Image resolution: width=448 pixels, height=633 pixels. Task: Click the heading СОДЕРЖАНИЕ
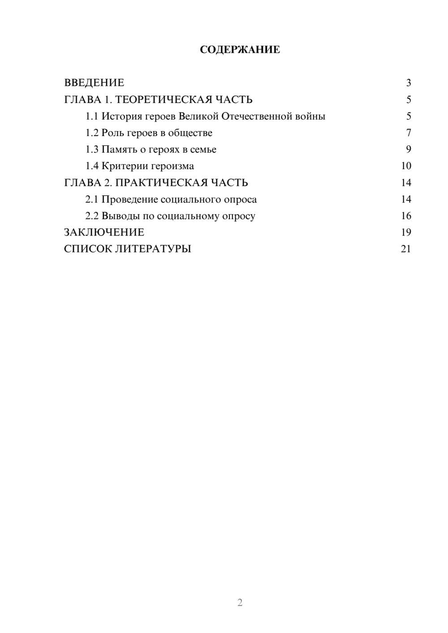[x=240, y=50]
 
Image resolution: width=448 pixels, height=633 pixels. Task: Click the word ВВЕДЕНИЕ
[x=94, y=83]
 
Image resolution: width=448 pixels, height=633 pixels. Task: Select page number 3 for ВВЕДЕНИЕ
[x=408, y=83]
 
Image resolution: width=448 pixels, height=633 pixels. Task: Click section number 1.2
[x=91, y=133]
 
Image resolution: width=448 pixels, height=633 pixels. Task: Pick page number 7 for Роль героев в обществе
[x=408, y=133]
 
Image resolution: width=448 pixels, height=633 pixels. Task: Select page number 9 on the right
[x=408, y=150]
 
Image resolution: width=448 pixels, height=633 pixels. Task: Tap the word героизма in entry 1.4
[x=172, y=166]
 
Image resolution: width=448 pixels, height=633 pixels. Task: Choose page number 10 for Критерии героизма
[x=406, y=166]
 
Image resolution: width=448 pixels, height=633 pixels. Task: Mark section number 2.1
[x=91, y=199]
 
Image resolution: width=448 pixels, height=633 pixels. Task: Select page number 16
[x=406, y=216]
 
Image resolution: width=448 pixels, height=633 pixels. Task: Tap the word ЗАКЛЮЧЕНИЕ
[x=104, y=232]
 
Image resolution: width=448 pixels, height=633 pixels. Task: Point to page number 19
[x=406, y=232]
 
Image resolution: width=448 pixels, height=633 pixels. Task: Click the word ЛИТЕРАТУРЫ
[x=153, y=249]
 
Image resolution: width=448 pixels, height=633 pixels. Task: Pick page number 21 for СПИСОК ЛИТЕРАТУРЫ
[x=406, y=249]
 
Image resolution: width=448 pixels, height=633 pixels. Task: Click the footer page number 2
[x=240, y=603]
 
